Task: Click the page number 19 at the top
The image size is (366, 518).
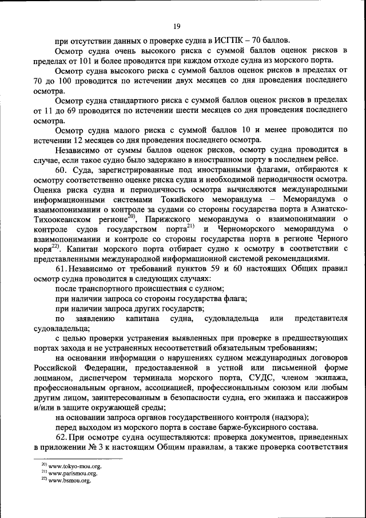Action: click(177, 25)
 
